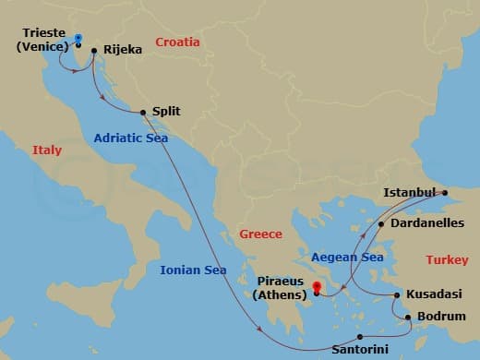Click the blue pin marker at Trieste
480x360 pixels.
click(78, 39)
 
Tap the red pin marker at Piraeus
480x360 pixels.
click(317, 287)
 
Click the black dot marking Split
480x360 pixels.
click(143, 114)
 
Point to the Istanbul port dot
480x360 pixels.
click(444, 194)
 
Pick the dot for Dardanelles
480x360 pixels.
click(381, 223)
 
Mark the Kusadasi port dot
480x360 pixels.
click(397, 295)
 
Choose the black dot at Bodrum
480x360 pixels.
click(409, 318)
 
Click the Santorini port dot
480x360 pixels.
click(360, 337)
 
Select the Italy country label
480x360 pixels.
click(47, 150)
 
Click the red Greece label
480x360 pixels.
click(260, 234)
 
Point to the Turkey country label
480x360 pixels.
click(447, 259)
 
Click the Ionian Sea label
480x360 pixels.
click(193, 270)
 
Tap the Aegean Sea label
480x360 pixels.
click(347, 258)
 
